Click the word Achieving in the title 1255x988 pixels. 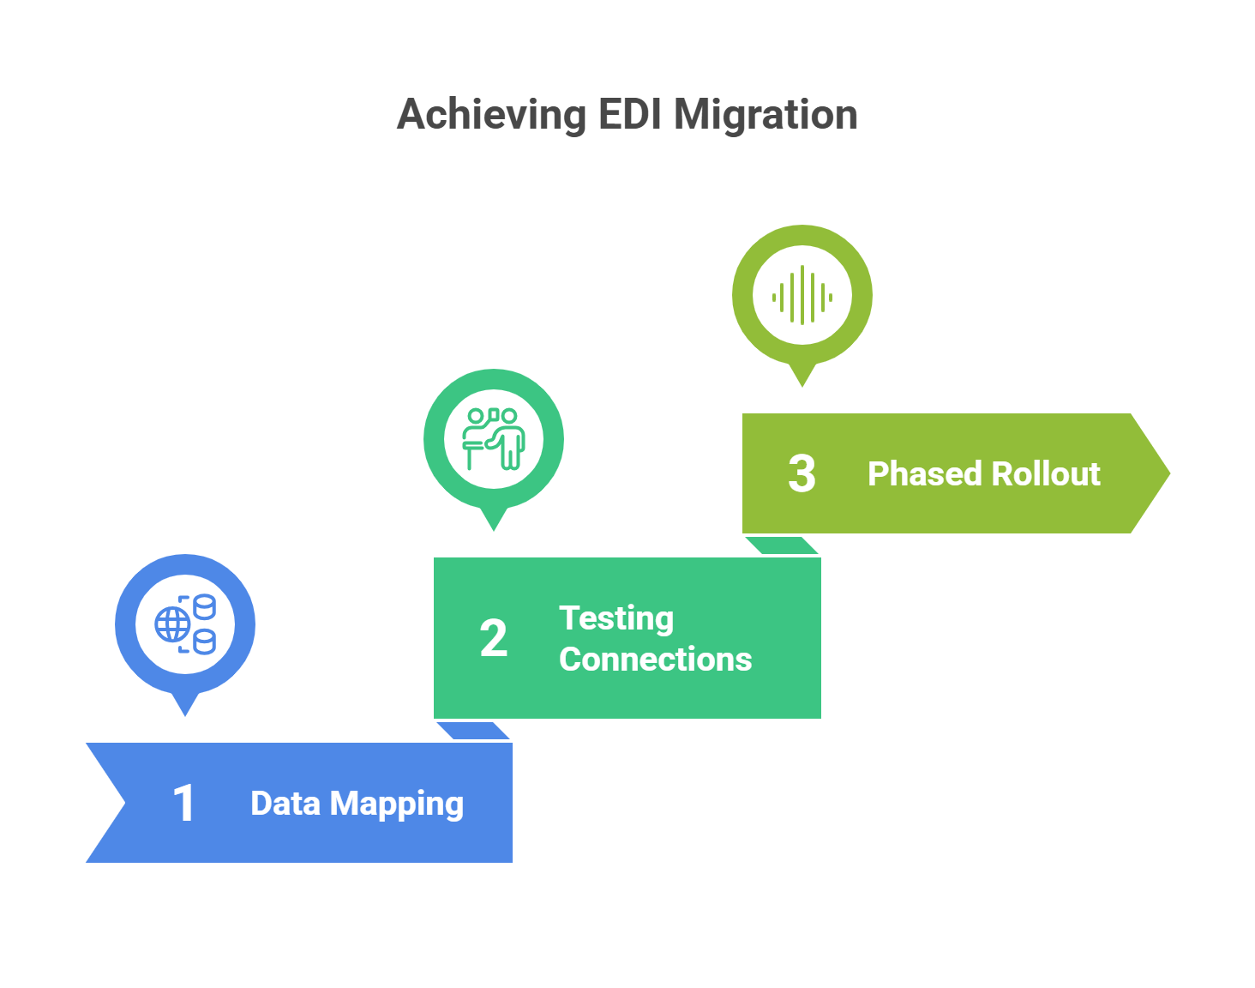(x=491, y=115)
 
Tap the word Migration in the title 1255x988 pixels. (x=766, y=115)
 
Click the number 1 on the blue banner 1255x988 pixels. (x=184, y=804)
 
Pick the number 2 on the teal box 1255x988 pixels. (x=493, y=639)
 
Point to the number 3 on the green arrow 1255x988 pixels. (x=802, y=474)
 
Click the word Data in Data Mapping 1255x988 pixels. (x=285, y=804)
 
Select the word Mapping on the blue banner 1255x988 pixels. (x=397, y=804)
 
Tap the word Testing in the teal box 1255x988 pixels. (x=616, y=618)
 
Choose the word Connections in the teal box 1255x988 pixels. (x=655, y=660)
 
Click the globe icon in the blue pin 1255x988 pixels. (x=172, y=624)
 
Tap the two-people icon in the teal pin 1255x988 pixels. (x=494, y=439)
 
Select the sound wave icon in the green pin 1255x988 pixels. (x=802, y=296)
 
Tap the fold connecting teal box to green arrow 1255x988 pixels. (x=782, y=545)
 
